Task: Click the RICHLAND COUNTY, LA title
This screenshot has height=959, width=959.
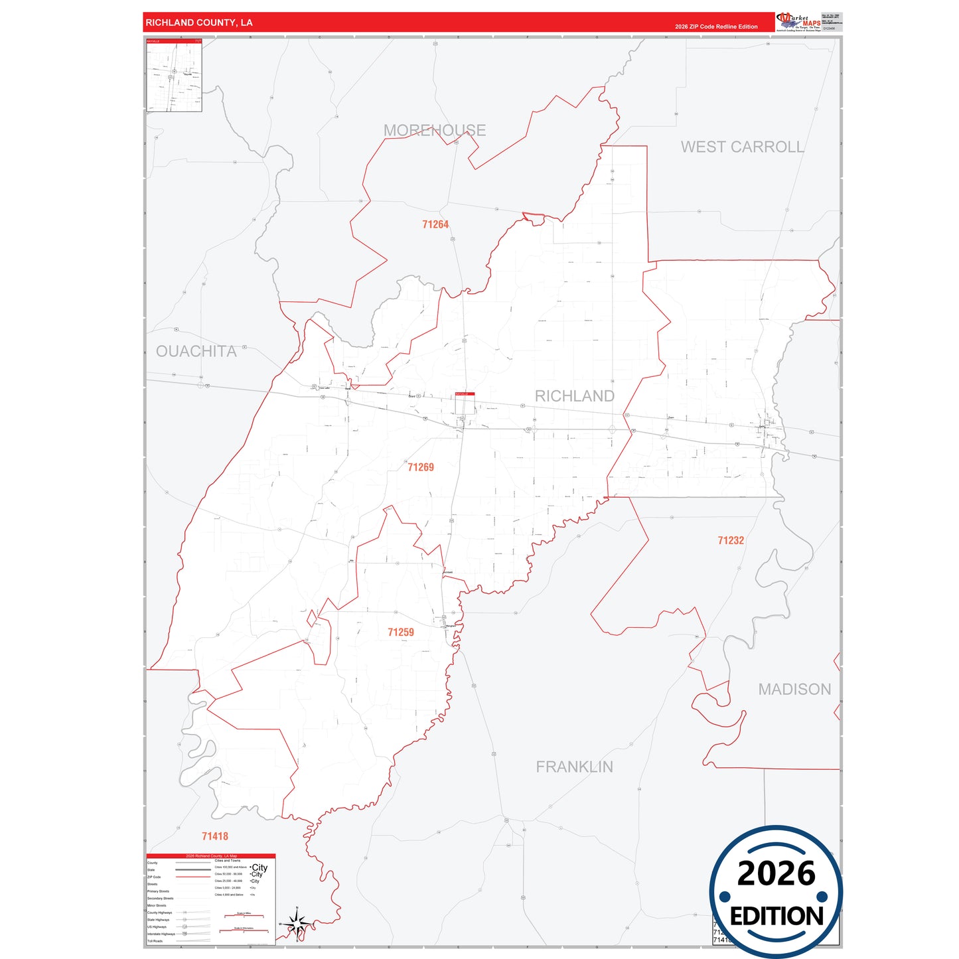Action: click(199, 23)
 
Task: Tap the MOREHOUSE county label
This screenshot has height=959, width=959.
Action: click(435, 130)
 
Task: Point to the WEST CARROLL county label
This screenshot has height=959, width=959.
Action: click(742, 147)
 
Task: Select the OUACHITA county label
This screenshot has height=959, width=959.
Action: click(196, 351)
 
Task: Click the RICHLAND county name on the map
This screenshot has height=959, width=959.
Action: click(574, 396)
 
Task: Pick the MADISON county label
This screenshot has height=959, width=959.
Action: click(794, 690)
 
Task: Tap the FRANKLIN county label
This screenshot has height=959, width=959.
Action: click(574, 767)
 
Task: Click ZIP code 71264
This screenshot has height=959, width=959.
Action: click(435, 225)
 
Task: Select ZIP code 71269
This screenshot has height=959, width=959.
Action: click(421, 467)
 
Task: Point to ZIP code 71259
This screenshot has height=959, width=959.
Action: click(401, 632)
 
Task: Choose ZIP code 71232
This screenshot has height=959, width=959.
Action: click(731, 541)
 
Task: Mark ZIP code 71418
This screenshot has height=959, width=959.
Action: click(215, 837)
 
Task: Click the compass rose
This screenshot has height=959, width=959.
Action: click(297, 923)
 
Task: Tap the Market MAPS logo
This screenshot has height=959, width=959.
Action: click(798, 22)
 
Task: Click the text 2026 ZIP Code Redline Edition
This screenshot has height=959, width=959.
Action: click(716, 27)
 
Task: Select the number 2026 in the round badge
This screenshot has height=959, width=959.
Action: click(776, 873)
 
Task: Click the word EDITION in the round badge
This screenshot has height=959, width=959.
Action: click(776, 917)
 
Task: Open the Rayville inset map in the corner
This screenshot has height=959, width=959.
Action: click(174, 75)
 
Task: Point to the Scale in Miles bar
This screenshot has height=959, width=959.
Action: click(244, 916)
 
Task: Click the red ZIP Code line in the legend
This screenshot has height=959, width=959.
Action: click(192, 877)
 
